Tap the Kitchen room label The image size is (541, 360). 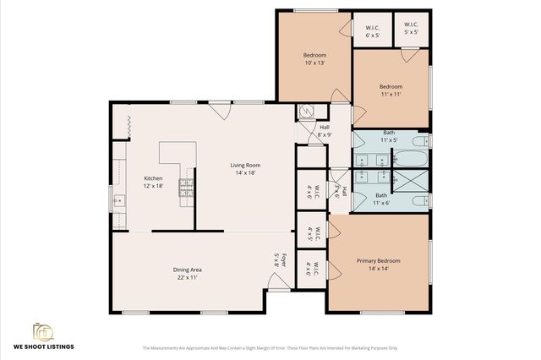(153, 178)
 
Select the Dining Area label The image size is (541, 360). (187, 270)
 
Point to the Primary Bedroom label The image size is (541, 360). (378, 261)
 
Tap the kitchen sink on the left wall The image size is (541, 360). (119, 201)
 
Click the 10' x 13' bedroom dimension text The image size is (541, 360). (314, 63)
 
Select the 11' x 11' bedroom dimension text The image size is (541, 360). (390, 94)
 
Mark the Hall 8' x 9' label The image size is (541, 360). (324, 131)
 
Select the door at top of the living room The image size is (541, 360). (218, 109)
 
